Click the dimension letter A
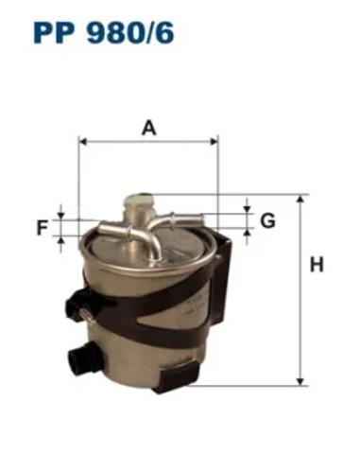[148, 129]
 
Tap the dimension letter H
[317, 265]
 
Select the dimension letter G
[267, 220]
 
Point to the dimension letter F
[43, 228]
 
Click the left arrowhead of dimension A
[83, 141]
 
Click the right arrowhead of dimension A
[214, 141]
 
